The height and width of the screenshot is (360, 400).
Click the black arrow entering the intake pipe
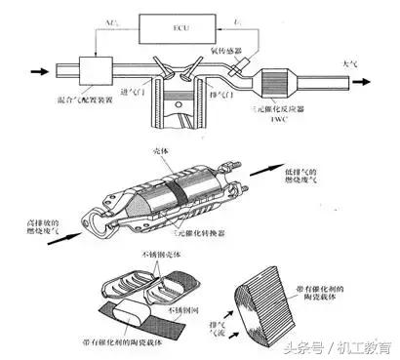(40, 70)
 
